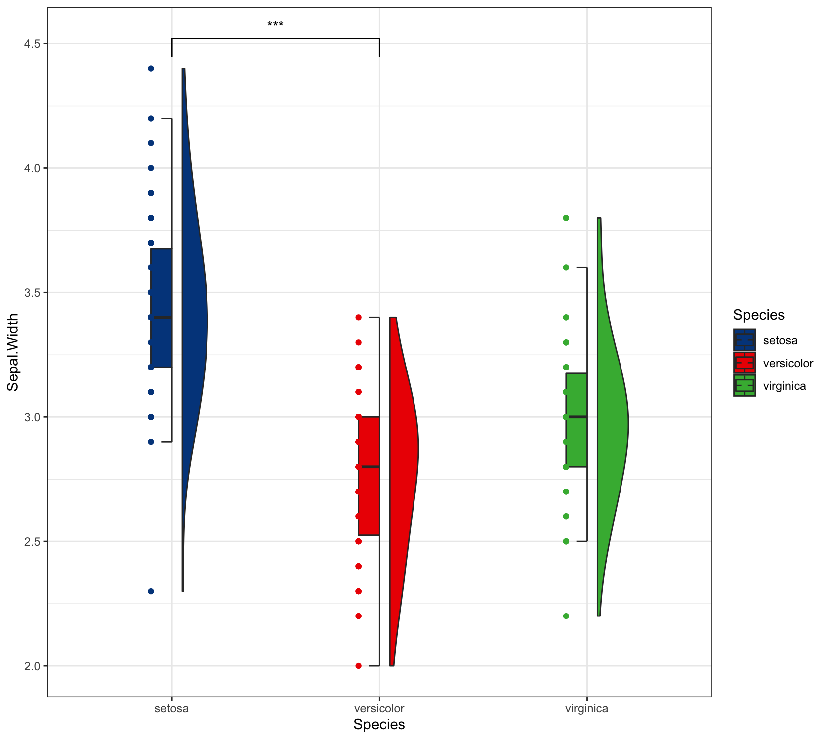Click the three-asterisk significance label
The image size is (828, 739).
pyautogui.click(x=275, y=25)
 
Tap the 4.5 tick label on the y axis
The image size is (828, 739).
pyautogui.click(x=33, y=44)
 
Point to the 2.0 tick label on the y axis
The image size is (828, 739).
pyautogui.click(x=33, y=666)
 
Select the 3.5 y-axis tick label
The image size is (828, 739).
pyautogui.click(x=33, y=292)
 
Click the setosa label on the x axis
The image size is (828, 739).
pyautogui.click(x=172, y=709)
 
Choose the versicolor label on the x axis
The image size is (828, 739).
pyautogui.click(x=379, y=709)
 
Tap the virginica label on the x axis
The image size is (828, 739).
pyautogui.click(x=587, y=709)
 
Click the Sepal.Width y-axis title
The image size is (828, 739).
pyautogui.click(x=13, y=352)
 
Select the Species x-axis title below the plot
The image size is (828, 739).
pyautogui.click(x=379, y=725)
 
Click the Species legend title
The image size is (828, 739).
pyautogui.click(x=759, y=315)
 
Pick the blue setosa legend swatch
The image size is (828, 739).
pyautogui.click(x=744, y=340)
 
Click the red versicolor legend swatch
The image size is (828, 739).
pyautogui.click(x=744, y=363)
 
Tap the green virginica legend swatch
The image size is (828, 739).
pyautogui.click(x=744, y=385)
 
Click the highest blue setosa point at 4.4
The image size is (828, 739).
pyautogui.click(x=151, y=69)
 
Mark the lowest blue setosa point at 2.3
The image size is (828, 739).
pyautogui.click(x=151, y=591)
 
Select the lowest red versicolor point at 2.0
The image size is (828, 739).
pyautogui.click(x=359, y=666)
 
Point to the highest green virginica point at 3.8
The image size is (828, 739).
pyautogui.click(x=566, y=218)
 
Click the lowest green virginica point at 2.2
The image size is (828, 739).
pyautogui.click(x=566, y=616)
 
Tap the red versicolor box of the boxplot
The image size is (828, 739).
pyautogui.click(x=369, y=498)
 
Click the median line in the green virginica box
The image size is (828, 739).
pyautogui.click(x=577, y=417)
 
